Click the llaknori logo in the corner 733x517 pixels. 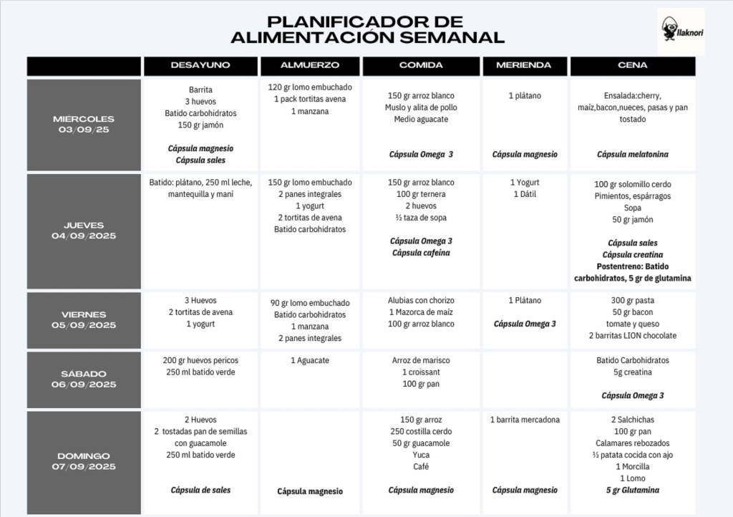680,32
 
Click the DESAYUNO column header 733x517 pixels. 200,65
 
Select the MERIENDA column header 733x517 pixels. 524,65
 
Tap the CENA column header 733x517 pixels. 632,65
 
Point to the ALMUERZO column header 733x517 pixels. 310,65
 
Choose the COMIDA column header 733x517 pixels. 421,65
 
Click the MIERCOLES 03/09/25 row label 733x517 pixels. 84,125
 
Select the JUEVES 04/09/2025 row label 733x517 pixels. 84,231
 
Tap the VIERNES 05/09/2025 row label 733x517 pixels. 84,319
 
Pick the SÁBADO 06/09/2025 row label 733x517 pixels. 84,379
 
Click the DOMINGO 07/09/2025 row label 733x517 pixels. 84,461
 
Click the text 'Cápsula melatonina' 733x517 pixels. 632,154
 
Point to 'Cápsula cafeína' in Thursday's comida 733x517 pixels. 421,253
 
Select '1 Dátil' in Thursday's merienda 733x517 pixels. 523,194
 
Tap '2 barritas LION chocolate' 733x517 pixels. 632,336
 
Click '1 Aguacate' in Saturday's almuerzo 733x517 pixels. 310,360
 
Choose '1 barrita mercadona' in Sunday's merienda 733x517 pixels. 525,420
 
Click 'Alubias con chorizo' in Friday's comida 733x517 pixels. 421,301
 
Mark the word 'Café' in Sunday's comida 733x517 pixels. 421,466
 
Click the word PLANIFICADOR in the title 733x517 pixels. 364,21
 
